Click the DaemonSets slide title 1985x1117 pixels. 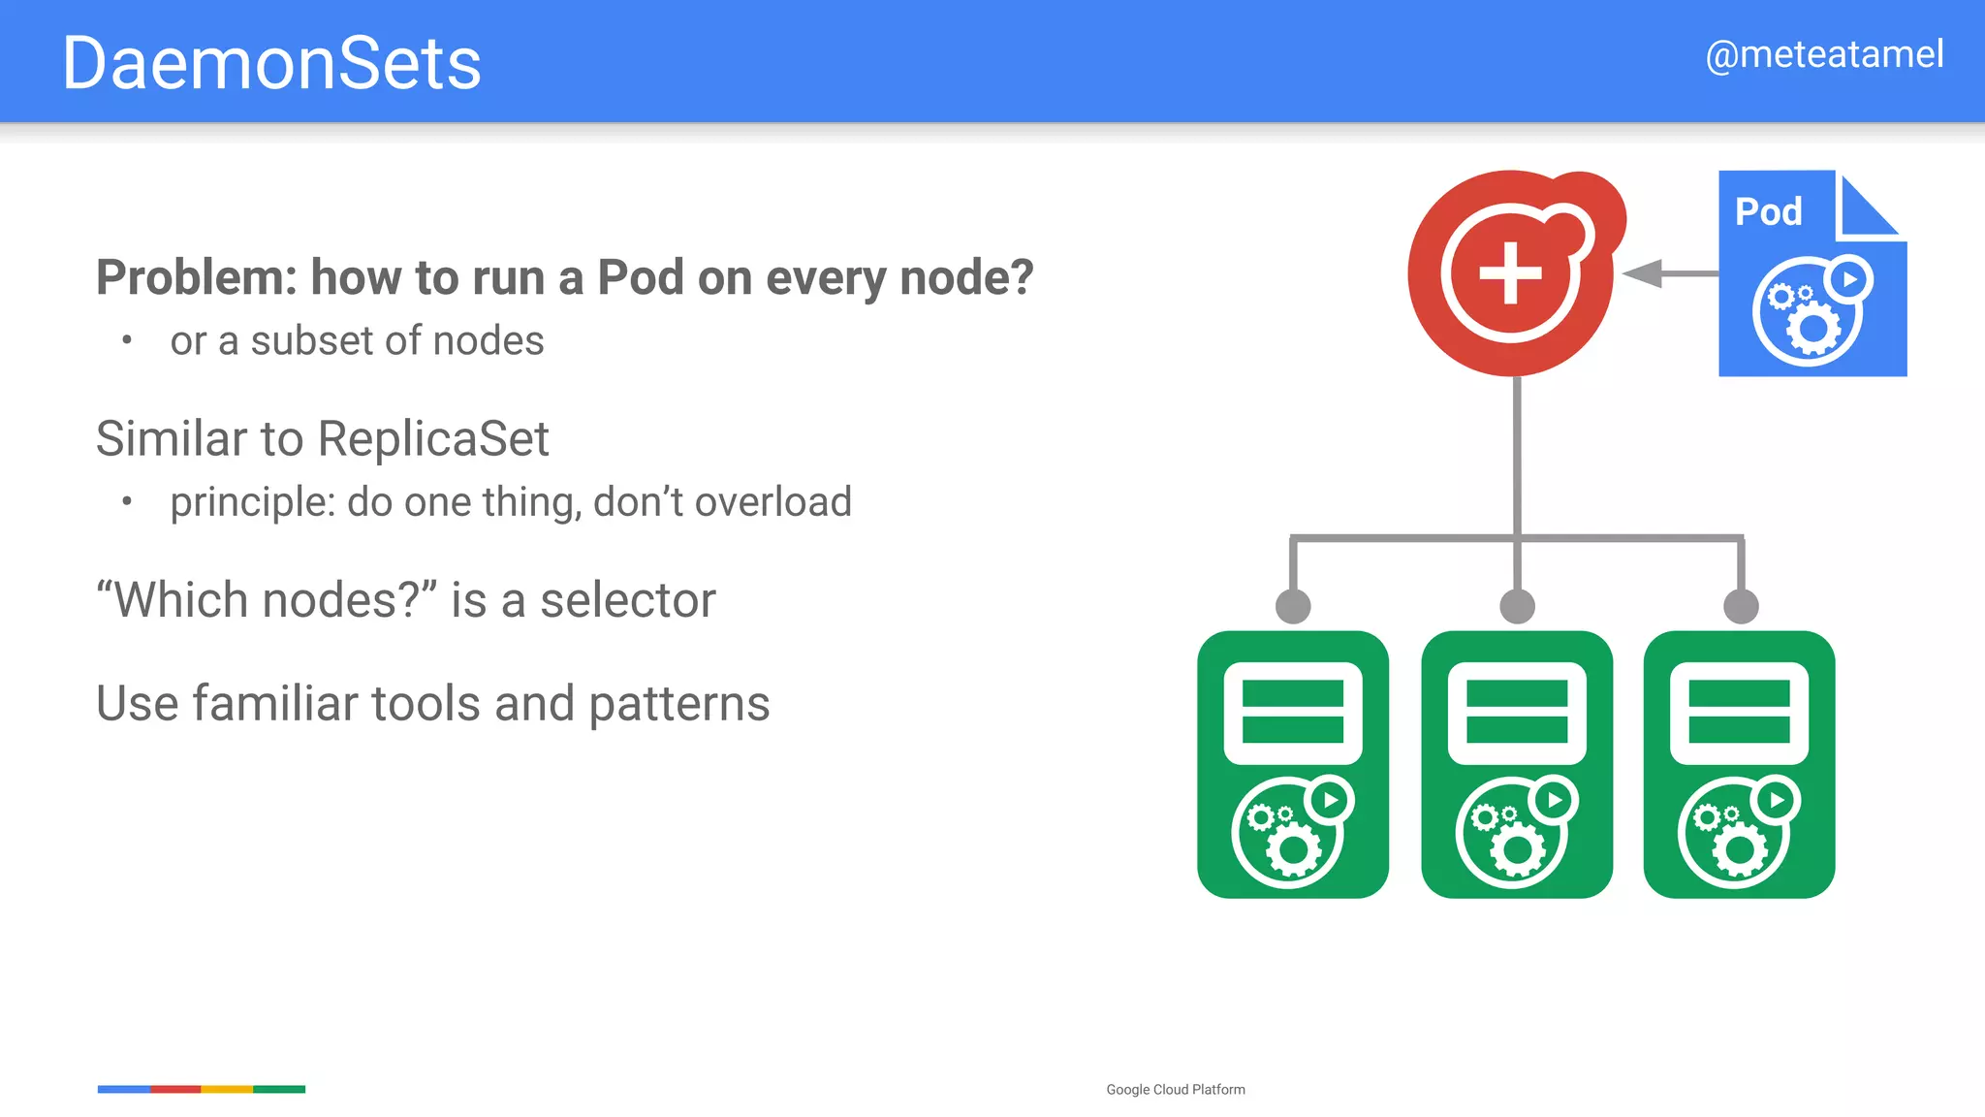pyautogui.click(x=271, y=64)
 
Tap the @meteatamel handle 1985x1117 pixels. pyautogui.click(x=1824, y=55)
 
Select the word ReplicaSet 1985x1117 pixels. pyautogui.click(x=433, y=439)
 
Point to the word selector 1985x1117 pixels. pyautogui.click(x=628, y=600)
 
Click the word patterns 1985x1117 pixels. pyautogui.click(x=678, y=705)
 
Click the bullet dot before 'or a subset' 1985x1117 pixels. pyautogui.click(x=127, y=339)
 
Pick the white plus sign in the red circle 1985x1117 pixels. pyautogui.click(x=1510, y=272)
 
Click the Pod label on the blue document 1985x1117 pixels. pyautogui.click(x=1768, y=211)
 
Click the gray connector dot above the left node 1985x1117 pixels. pyautogui.click(x=1293, y=606)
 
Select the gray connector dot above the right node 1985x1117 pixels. pyautogui.click(x=1741, y=606)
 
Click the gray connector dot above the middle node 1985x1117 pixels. pyautogui.click(x=1517, y=606)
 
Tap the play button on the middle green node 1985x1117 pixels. pyautogui.click(x=1555, y=800)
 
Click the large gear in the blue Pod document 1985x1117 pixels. pyautogui.click(x=1812, y=329)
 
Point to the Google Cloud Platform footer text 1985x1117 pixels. pyautogui.click(x=1176, y=1090)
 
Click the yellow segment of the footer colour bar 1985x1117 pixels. pyautogui.click(x=227, y=1089)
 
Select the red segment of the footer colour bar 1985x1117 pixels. pyautogui.click(x=175, y=1089)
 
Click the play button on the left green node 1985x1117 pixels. pyautogui.click(x=1330, y=800)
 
